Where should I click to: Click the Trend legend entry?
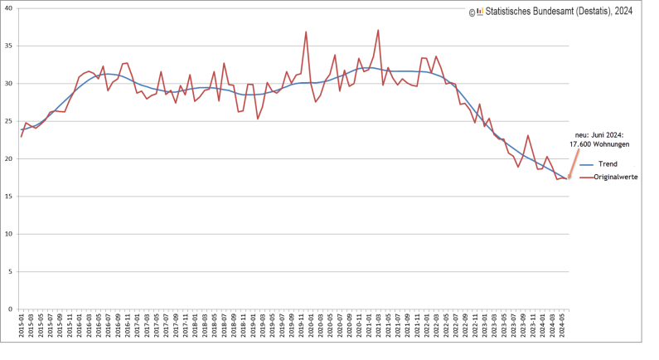click(x=608, y=164)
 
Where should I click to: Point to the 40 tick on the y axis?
click(x=8, y=8)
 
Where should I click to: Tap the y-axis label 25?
click(x=8, y=121)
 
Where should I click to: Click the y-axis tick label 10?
click(x=8, y=234)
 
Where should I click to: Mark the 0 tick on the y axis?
click(x=10, y=309)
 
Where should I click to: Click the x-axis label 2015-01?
click(x=21, y=324)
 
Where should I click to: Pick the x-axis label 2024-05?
click(x=565, y=324)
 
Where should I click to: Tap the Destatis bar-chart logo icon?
click(x=479, y=12)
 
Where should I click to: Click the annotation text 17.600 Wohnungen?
click(x=599, y=144)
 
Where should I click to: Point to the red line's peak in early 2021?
click(x=378, y=31)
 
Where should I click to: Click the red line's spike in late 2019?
click(x=306, y=32)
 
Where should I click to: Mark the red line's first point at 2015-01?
click(x=21, y=136)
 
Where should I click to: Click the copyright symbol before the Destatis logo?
click(x=471, y=12)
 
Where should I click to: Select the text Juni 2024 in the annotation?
click(x=609, y=134)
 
